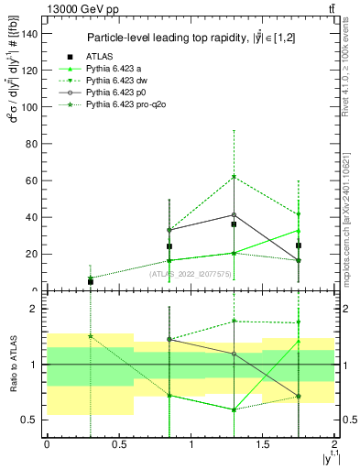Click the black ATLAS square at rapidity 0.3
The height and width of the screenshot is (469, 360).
(x=90, y=281)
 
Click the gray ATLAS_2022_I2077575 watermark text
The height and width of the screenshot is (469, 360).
(x=188, y=273)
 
